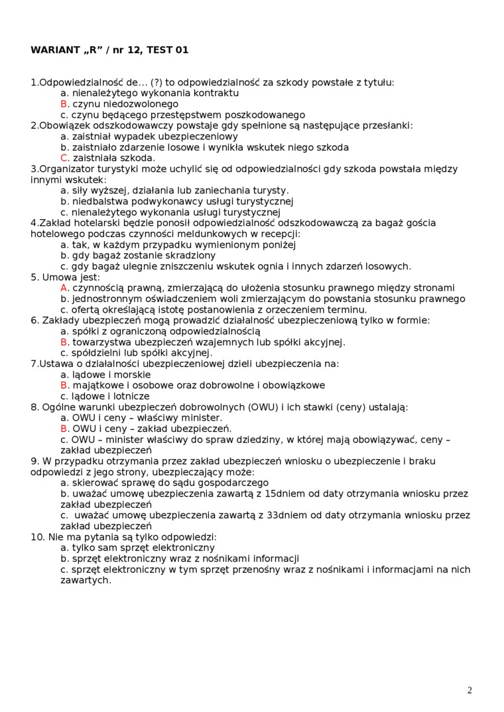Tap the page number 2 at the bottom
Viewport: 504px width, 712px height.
coord(470,690)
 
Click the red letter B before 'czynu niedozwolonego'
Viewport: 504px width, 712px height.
coord(64,104)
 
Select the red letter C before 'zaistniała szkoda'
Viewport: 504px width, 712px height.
coord(64,158)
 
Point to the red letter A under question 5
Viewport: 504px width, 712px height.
coord(64,288)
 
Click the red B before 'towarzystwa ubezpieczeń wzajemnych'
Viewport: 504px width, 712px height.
coord(64,342)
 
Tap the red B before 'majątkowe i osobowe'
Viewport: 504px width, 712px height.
coord(64,385)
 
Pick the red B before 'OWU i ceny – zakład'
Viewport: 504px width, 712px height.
coord(64,429)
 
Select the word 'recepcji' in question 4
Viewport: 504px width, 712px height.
coord(281,234)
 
